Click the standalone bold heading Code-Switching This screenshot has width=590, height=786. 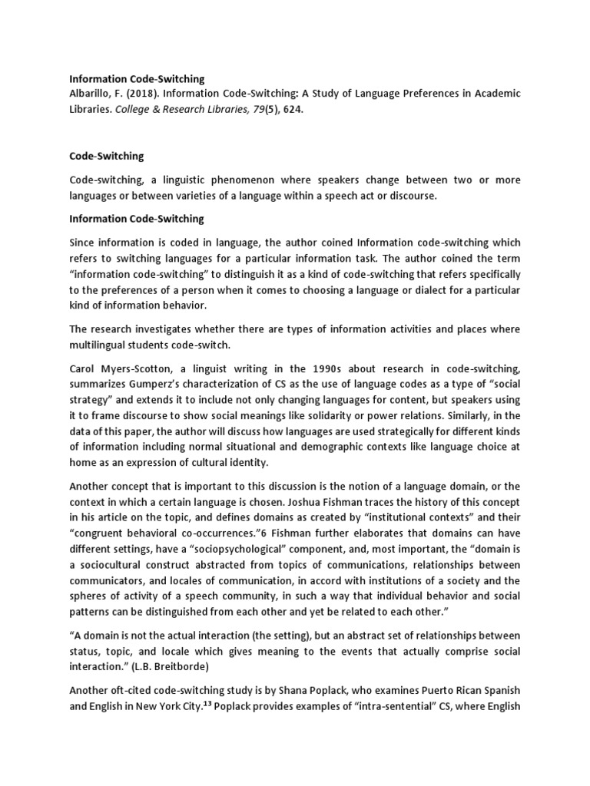107,156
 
